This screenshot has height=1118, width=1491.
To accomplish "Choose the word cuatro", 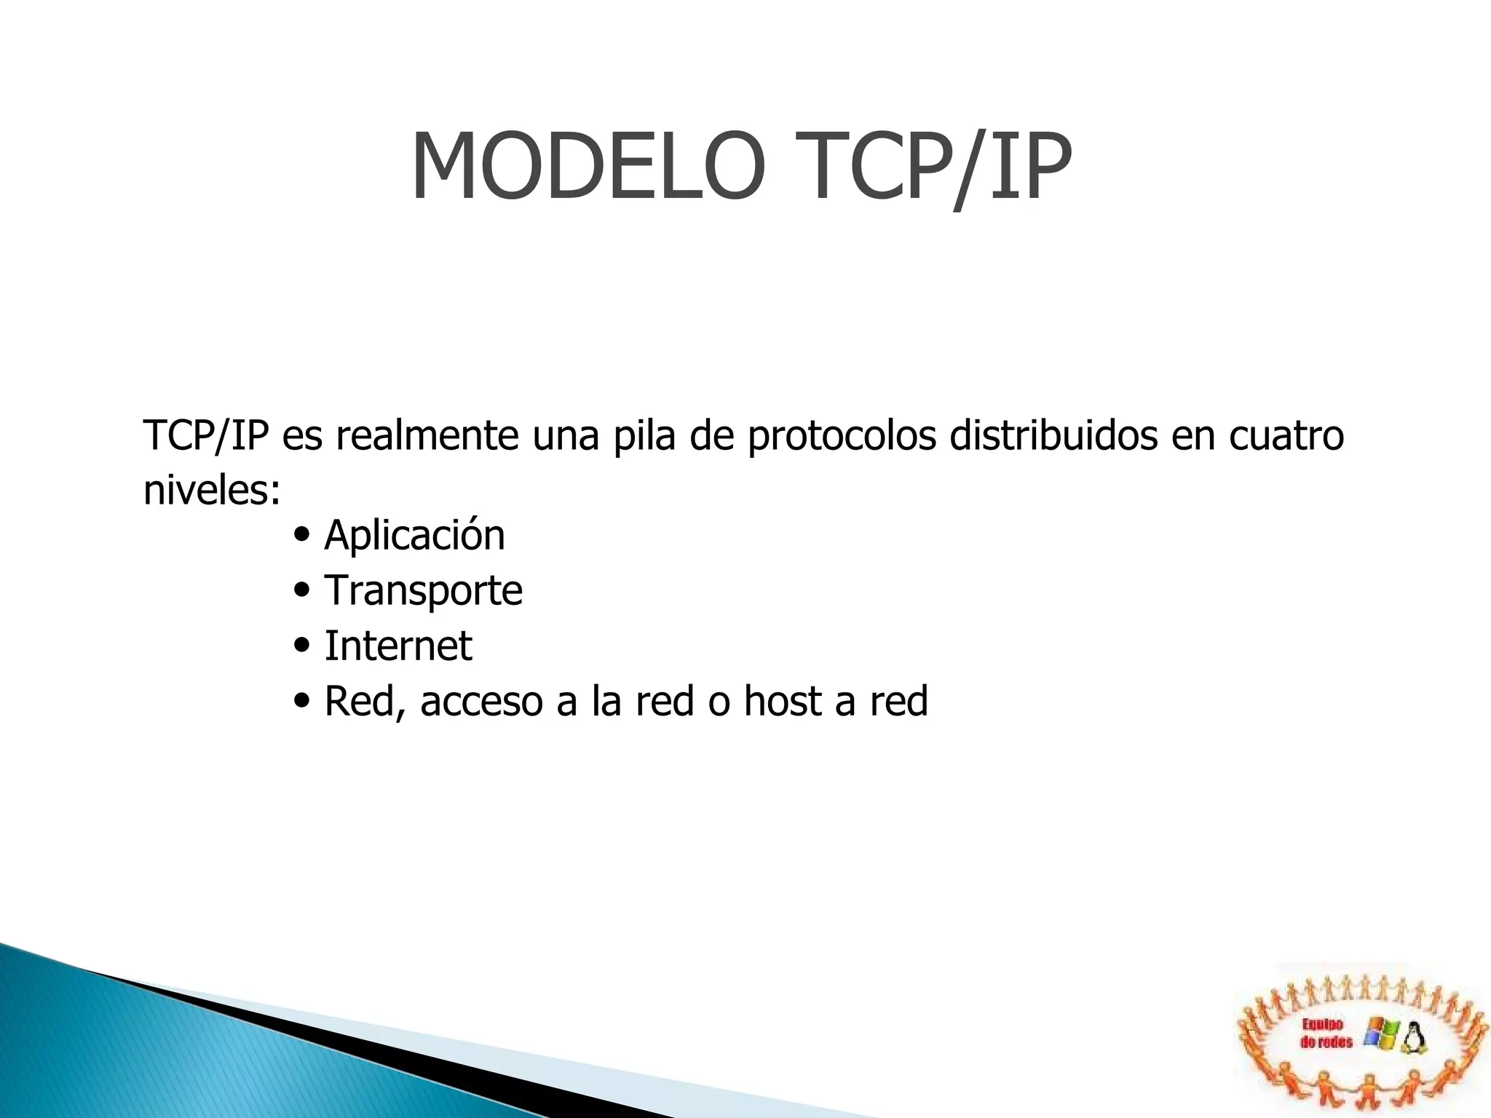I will (1286, 435).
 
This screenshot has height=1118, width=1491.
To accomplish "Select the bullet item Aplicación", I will (414, 536).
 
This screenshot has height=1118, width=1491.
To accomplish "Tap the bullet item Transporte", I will (423, 591).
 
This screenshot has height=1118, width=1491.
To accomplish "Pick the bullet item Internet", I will (398, 646).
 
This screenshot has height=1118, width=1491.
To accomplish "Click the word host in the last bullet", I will (781, 702).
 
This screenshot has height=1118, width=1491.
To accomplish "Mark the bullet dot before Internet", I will (301, 646).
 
